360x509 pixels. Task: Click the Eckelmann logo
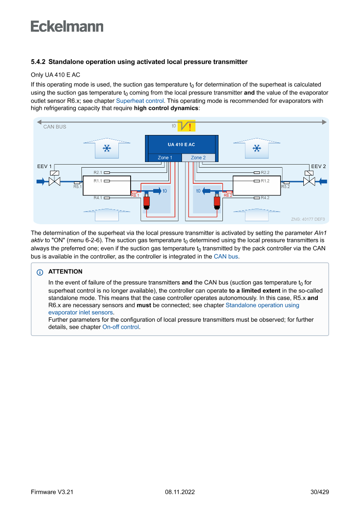(67, 27)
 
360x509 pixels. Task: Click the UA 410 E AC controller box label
(181, 144)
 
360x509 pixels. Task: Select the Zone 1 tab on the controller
(165, 158)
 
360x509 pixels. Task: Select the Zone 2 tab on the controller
(198, 158)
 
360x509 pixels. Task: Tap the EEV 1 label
(44, 166)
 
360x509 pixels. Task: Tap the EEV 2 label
(318, 166)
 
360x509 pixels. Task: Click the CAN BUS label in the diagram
(55, 127)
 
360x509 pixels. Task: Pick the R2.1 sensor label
(98, 172)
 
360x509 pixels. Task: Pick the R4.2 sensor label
(265, 198)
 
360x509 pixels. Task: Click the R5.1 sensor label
(77, 187)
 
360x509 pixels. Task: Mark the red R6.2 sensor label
(228, 196)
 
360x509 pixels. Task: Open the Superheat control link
(140, 101)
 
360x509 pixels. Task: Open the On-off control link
(121, 327)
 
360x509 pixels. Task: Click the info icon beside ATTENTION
(40, 272)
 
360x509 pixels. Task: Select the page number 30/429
(320, 492)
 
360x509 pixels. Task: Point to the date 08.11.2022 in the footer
(180, 492)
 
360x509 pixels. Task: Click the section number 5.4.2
(38, 62)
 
